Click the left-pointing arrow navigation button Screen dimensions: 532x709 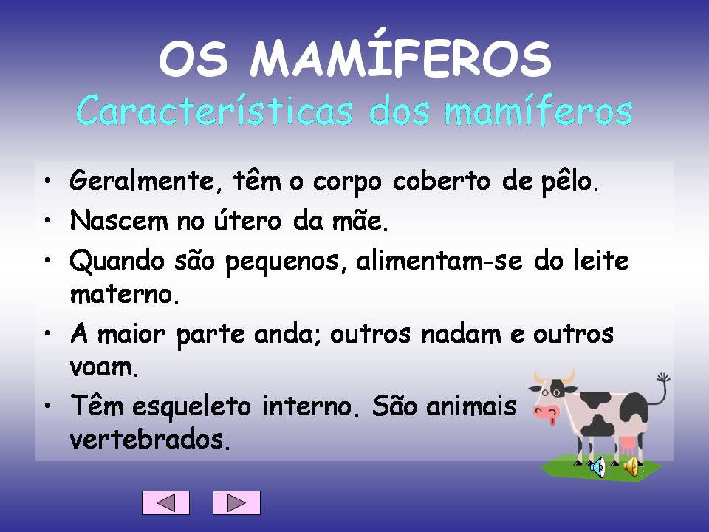point(166,502)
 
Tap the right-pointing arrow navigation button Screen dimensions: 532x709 point(236,502)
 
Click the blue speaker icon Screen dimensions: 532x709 point(597,466)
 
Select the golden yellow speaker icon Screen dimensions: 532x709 point(631,465)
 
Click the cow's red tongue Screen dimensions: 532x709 point(549,422)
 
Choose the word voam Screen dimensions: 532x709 point(104,367)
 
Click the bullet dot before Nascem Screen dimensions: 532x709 point(47,219)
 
